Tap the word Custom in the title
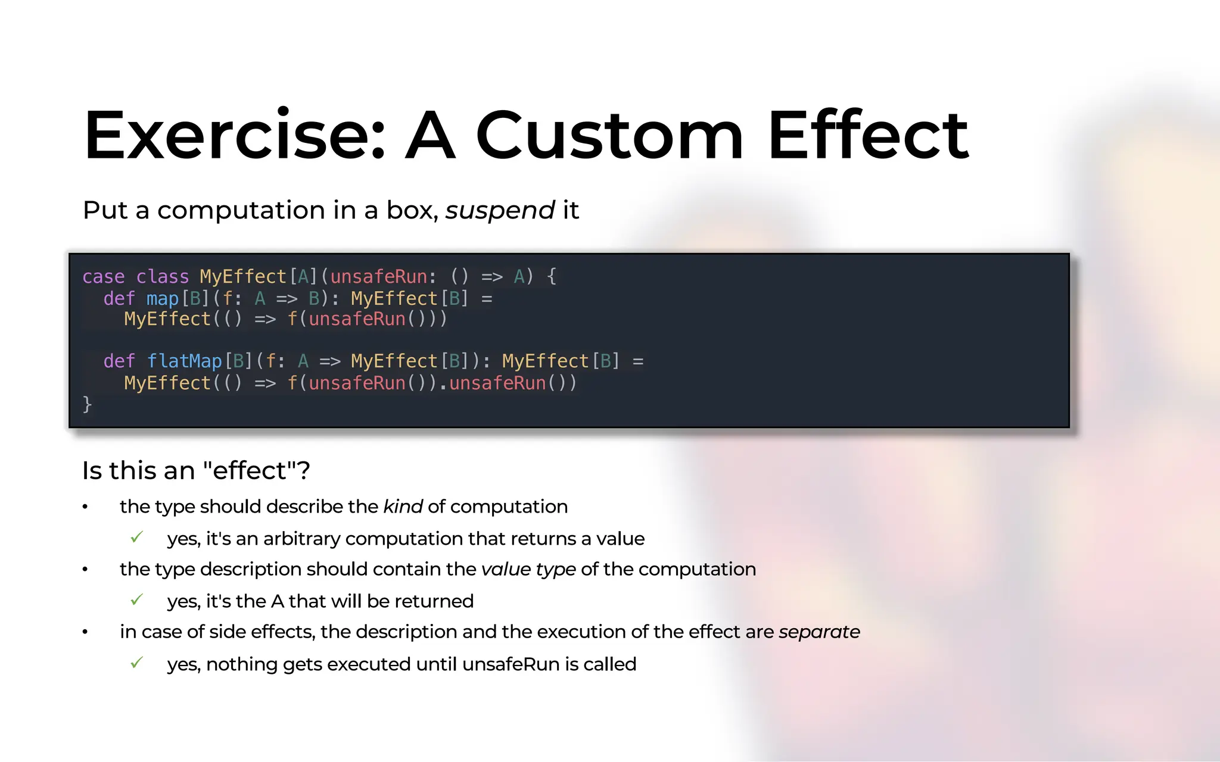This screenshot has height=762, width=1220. [x=609, y=136]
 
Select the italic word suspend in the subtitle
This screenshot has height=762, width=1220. [x=500, y=210]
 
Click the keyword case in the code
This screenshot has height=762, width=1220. [x=103, y=277]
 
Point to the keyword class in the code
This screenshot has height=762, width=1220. [x=162, y=277]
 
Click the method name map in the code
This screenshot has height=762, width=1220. [x=162, y=298]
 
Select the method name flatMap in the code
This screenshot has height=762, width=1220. [x=184, y=361]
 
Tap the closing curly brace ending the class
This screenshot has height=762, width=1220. [x=87, y=404]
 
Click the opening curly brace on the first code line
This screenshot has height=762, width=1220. [x=552, y=276]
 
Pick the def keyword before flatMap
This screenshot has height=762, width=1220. [x=119, y=361]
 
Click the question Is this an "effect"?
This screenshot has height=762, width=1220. [x=196, y=471]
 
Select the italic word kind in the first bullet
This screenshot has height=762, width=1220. [x=403, y=507]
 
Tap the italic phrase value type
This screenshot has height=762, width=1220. [x=528, y=569]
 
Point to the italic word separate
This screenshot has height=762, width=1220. [x=819, y=632]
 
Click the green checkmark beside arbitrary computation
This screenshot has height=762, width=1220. [x=136, y=538]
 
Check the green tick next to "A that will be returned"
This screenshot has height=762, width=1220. [x=136, y=600]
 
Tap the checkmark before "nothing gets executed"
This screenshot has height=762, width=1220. [x=136, y=663]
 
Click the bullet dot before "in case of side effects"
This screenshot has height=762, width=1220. [x=85, y=632]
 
